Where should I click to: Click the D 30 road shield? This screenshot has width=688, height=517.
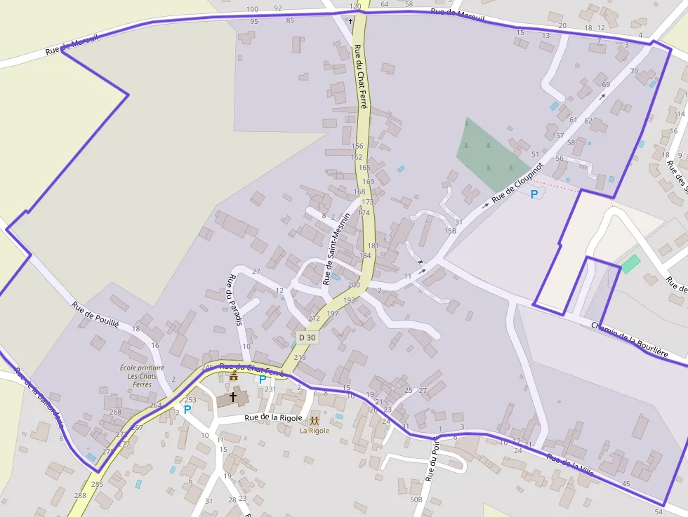[307, 337]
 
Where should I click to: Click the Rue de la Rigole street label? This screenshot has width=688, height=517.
[273, 418]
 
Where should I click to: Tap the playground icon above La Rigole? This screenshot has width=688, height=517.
[315, 421]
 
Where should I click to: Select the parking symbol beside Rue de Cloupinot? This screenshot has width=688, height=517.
[534, 194]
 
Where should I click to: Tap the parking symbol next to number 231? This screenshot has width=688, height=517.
[263, 380]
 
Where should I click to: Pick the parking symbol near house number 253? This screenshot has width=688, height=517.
[187, 408]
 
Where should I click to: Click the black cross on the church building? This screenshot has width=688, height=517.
[233, 396]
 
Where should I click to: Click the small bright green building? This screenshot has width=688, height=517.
[630, 264]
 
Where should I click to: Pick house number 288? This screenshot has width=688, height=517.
[80, 495]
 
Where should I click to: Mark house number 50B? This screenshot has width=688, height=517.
[416, 499]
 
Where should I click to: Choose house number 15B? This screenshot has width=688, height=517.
[450, 231]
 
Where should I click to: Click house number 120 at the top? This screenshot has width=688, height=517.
[355, 6]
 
